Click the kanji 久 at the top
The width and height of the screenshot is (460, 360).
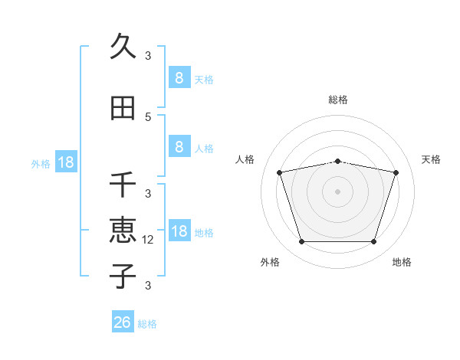click(x=123, y=46)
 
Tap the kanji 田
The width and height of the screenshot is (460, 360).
click(x=123, y=108)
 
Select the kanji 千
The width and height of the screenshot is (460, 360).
click(x=123, y=185)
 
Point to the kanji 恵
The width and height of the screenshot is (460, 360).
click(x=123, y=230)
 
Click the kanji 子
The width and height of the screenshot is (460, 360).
click(x=123, y=276)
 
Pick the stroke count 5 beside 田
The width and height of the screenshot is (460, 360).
click(x=148, y=116)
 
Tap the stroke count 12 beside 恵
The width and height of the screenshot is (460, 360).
click(x=149, y=239)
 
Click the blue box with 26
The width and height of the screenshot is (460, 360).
click(x=123, y=322)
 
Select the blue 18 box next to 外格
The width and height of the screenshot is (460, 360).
click(x=65, y=162)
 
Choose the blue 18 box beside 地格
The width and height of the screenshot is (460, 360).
click(x=179, y=231)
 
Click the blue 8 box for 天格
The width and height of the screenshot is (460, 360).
click(x=179, y=77)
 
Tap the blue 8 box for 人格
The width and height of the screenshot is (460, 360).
click(x=179, y=147)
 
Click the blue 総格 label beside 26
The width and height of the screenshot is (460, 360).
click(x=147, y=324)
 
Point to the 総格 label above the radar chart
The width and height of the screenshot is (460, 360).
click(x=337, y=100)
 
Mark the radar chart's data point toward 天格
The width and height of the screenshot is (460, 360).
click(x=396, y=172)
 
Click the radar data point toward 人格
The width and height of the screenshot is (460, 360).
click(x=280, y=172)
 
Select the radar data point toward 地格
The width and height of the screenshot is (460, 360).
click(x=373, y=242)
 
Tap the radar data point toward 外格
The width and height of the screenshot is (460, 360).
click(x=301, y=242)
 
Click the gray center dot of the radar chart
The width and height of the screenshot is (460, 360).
click(x=337, y=191)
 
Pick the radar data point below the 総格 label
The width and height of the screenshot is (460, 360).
click(x=337, y=161)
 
